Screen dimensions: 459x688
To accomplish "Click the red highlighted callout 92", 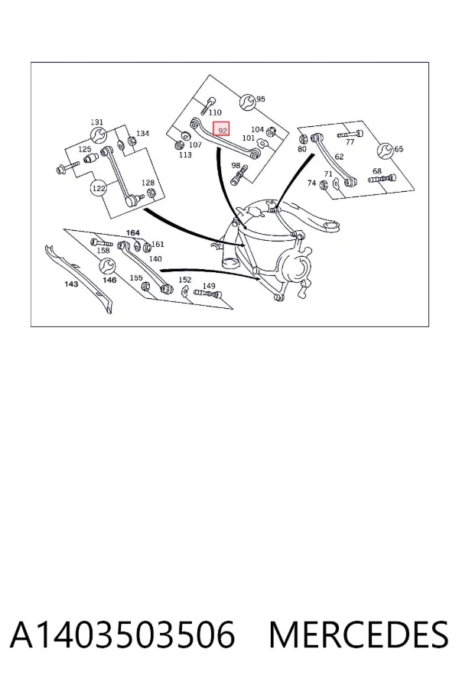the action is point(221,130).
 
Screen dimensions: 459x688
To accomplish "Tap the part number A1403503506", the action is point(122,635).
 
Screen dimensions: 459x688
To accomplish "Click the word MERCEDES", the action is point(359,635).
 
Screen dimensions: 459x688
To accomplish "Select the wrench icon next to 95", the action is point(247,102).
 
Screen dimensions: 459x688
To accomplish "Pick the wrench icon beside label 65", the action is point(386,151).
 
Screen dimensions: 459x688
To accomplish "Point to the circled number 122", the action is point(99,188).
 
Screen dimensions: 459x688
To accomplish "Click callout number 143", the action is point(71,284).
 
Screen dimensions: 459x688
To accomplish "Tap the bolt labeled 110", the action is point(207,105).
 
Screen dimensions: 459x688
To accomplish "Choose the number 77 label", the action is point(350,141).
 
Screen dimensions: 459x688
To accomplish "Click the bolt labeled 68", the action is point(382,179).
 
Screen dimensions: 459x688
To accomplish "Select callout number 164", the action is point(132,232).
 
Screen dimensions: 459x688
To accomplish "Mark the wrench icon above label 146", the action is point(107,266).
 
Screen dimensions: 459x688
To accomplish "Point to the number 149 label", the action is point(209,286).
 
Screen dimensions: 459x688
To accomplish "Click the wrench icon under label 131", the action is point(98,135).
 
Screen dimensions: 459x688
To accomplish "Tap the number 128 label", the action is point(148,183).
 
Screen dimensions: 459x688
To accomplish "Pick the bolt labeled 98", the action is point(238,177).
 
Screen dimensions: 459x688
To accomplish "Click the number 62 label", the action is point(339,156).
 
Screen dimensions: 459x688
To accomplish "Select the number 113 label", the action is point(185,154).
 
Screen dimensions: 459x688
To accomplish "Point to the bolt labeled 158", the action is point(102,242).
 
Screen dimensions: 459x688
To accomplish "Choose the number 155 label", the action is point(136,277).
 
